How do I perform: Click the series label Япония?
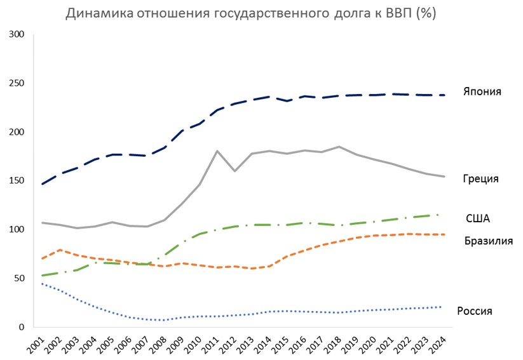click(482, 91)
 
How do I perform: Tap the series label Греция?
click(480, 179)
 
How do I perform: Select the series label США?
click(478, 218)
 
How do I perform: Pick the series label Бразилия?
click(488, 241)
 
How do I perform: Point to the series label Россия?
click(475, 311)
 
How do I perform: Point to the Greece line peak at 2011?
click(217, 151)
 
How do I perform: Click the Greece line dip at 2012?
click(234, 171)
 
